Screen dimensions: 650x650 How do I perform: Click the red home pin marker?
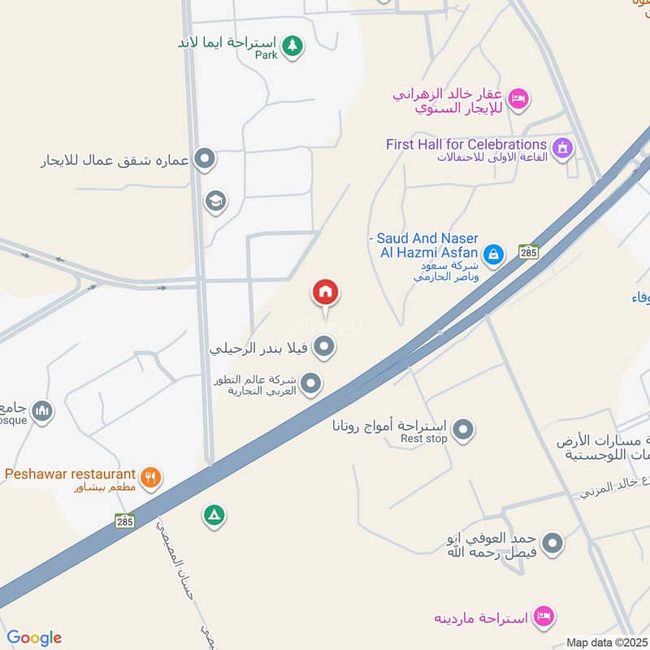click(x=326, y=292)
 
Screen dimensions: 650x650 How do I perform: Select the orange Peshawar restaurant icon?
click(x=149, y=477)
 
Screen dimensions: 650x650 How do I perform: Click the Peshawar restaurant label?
click(x=70, y=474)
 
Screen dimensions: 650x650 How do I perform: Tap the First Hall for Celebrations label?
click(x=466, y=145)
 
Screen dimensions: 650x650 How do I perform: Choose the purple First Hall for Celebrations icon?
click(x=561, y=148)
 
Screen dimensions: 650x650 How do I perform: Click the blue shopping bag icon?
click(x=492, y=254)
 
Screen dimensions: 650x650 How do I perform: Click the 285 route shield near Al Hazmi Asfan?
click(x=529, y=253)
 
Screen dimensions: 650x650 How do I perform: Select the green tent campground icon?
click(x=214, y=515)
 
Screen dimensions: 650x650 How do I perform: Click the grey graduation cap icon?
click(x=215, y=201)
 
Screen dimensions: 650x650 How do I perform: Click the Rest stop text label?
click(x=424, y=439)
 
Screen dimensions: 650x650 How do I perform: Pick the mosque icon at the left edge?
click(x=42, y=411)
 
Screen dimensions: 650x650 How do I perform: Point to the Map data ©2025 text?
click(x=606, y=643)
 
